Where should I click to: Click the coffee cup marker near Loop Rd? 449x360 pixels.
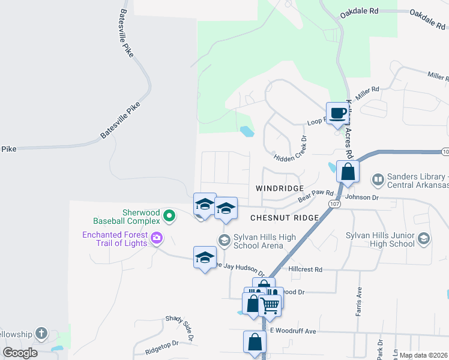[x=338, y=113]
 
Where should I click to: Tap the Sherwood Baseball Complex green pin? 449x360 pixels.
[x=169, y=215]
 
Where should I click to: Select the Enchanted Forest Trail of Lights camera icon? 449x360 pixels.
[x=156, y=238]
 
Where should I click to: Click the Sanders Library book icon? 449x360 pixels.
[x=378, y=179]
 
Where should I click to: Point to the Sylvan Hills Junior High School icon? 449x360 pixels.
[x=424, y=239]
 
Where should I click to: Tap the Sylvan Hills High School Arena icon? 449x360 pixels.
[x=224, y=241]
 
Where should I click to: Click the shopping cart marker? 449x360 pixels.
[x=270, y=306]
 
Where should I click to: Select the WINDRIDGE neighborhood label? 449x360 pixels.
[x=280, y=188]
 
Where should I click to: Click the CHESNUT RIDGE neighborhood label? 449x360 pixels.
[x=283, y=218]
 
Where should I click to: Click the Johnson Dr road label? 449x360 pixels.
[x=363, y=196]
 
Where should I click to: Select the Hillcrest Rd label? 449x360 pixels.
[x=306, y=269]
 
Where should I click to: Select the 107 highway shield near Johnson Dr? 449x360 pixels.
[x=334, y=205]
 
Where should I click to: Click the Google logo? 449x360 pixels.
[x=20, y=352]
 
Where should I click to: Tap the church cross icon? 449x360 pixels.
[x=41, y=332]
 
